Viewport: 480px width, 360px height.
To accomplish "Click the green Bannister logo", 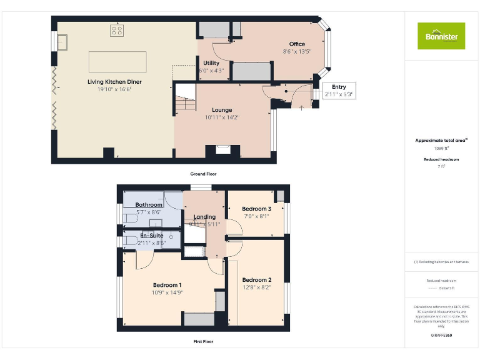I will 441,36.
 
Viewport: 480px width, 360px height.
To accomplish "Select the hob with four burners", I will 117,29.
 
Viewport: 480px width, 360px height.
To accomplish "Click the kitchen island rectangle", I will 118,62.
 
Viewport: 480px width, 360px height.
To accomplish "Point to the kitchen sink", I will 63,42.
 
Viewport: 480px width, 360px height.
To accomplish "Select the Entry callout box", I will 339,91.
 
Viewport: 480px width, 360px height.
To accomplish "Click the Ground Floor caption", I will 203,174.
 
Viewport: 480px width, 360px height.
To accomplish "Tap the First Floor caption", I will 203,342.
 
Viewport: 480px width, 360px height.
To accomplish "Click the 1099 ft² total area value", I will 441,149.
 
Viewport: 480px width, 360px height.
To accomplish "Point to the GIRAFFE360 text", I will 441,336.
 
